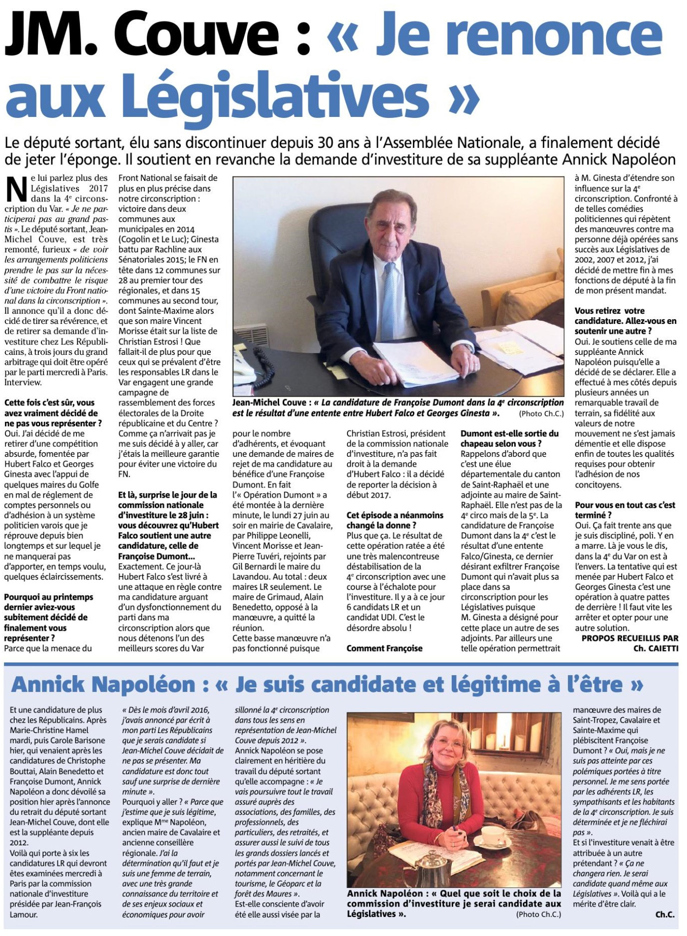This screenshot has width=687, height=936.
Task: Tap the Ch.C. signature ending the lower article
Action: point(665,915)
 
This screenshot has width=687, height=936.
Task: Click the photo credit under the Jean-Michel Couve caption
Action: point(541,414)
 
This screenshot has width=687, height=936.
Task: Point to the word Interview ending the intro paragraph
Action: point(23,382)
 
